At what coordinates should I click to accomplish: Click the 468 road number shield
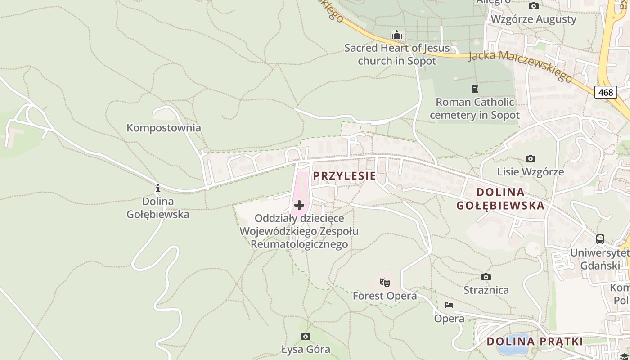(606, 92)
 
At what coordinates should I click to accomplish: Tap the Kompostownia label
(164, 128)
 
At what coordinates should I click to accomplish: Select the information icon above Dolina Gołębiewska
(157, 188)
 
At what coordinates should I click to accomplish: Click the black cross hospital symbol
(299, 206)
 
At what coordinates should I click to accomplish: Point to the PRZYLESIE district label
(344, 176)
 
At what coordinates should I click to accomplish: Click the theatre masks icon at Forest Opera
(384, 283)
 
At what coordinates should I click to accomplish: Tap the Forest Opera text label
(384, 296)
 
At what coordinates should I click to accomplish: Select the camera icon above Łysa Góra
(306, 336)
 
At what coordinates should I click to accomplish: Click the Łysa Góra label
(306, 349)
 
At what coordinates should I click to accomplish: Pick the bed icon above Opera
(449, 305)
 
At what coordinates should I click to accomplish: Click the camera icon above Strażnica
(486, 277)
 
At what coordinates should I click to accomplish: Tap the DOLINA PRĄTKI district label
(535, 341)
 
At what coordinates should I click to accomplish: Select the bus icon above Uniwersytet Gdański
(600, 239)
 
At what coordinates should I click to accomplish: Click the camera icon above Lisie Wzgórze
(531, 158)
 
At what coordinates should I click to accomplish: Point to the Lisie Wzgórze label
(531, 172)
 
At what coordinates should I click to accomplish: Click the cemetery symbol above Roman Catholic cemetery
(474, 88)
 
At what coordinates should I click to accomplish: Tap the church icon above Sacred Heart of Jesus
(396, 35)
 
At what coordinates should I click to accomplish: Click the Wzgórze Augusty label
(533, 19)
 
